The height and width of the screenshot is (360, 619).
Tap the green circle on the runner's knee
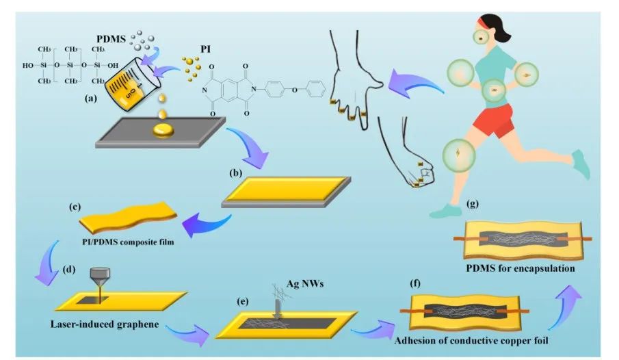[x=456, y=153]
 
